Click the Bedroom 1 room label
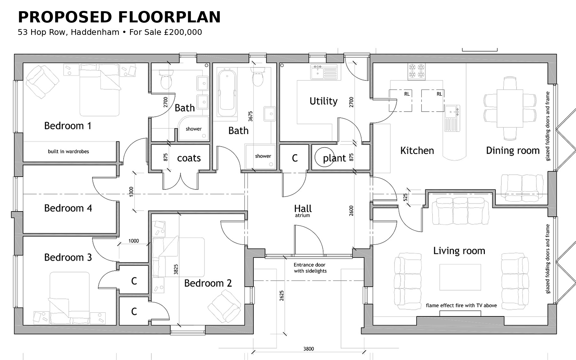click(68, 126)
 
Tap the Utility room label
click(324, 101)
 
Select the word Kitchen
click(417, 151)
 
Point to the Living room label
click(459, 251)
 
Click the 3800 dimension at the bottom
click(308, 349)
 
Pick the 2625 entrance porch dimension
click(282, 296)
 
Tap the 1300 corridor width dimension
click(131, 192)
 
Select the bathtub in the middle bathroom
click(227, 93)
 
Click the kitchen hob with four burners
click(416, 71)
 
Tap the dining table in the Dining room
click(510, 108)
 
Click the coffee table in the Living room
click(460, 277)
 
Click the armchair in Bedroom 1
click(42, 82)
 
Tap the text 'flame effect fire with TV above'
click(461, 306)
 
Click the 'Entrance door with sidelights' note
click(310, 268)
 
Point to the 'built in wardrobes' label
click(68, 152)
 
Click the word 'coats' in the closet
click(189, 158)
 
